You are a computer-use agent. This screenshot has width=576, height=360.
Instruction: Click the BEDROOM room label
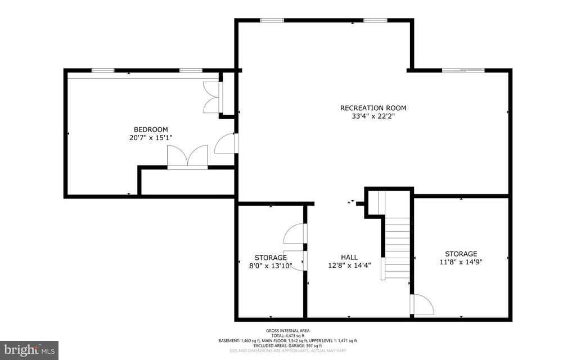point(150,129)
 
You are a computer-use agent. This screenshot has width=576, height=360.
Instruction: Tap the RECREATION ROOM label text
point(373,108)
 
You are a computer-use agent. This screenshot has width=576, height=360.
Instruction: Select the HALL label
point(350,257)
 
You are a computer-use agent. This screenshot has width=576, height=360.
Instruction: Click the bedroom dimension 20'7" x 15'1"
point(150,137)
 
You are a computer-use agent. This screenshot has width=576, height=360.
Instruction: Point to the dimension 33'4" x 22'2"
point(373,117)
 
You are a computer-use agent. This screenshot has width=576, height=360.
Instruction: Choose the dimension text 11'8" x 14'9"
point(461,262)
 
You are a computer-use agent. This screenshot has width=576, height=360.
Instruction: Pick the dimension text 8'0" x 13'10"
point(271,266)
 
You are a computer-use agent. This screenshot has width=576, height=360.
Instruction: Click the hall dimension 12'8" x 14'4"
point(350,265)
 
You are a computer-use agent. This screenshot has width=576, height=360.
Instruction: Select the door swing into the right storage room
point(422,304)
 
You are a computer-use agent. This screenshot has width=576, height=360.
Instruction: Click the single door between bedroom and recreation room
point(227,144)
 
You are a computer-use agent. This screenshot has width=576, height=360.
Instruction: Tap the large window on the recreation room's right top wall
point(463,70)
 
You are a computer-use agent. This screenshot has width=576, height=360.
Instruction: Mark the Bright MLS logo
point(29,350)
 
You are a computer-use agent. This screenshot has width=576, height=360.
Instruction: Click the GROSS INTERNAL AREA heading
point(287,330)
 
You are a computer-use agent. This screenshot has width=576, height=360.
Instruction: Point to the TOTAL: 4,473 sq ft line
point(287,335)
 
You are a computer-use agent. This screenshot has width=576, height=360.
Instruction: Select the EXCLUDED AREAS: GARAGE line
point(287,345)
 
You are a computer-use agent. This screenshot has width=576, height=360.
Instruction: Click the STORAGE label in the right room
point(461,254)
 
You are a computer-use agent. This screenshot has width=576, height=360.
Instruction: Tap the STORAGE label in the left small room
point(271,258)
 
